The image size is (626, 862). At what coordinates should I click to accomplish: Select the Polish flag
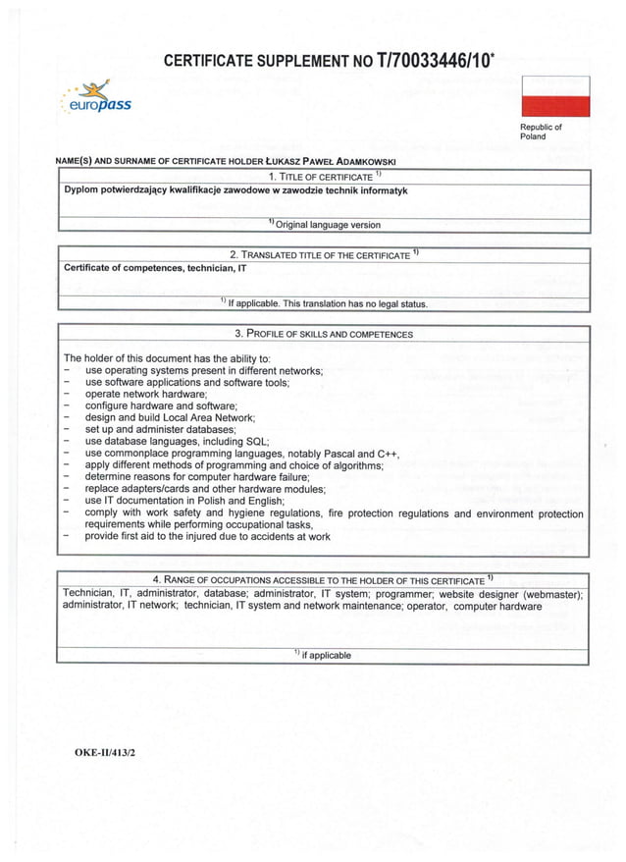coord(554,96)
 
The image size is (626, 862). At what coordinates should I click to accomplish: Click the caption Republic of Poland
coord(541,132)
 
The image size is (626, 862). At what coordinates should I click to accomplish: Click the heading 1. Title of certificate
coord(323,176)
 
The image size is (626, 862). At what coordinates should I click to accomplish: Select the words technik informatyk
coord(362,190)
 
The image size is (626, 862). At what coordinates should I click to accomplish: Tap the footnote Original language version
coord(328,225)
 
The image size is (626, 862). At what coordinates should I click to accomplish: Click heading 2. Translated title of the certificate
coord(323,255)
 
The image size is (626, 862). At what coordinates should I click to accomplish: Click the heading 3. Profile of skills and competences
coord(323,334)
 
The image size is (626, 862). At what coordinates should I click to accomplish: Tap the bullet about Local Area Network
coord(170,417)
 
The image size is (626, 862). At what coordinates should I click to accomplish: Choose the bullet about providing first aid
coord(207,537)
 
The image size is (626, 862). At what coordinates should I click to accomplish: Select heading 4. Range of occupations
coord(323,580)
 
